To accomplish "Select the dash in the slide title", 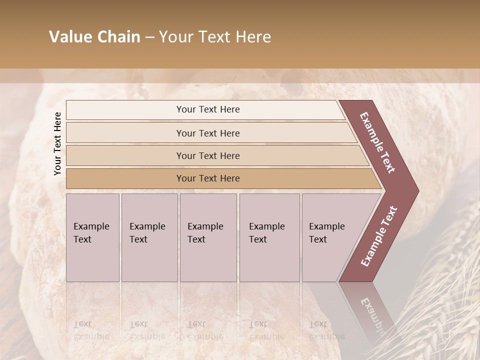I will (149, 37).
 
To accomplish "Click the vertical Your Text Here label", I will (57, 143).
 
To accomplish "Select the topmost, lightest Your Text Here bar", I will (207, 109).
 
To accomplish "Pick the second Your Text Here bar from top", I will (207, 133).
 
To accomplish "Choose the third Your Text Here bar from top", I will (207, 155).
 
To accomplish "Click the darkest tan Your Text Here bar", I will (207, 178).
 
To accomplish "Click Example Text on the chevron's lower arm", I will (379, 236).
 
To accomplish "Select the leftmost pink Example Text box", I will (92, 237).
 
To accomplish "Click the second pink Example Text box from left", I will (149, 237).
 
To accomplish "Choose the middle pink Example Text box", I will (208, 237).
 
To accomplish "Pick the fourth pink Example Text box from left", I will (269, 237).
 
